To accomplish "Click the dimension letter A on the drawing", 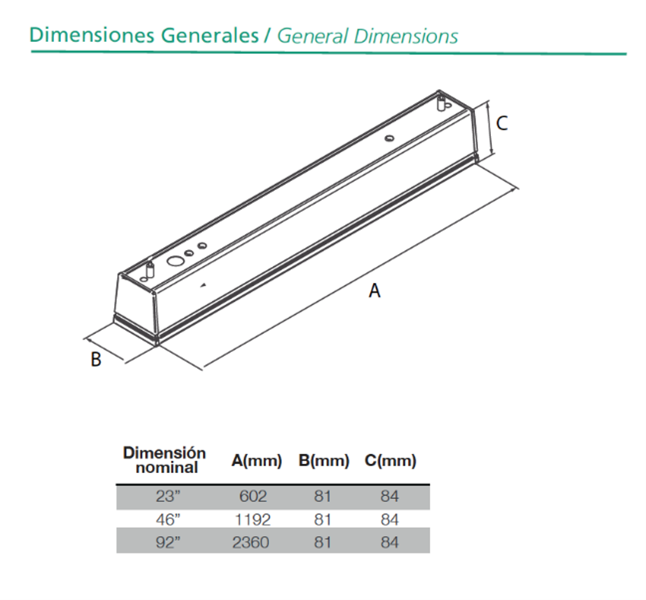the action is coord(374,291).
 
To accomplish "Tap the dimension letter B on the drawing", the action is coord(96,359).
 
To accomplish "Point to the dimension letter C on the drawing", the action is coord(502,123).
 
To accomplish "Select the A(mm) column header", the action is coord(257,461).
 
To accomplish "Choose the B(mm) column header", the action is coord(324,461).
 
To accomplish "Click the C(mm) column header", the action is coord(391,461).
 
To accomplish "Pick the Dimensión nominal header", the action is coord(165,460).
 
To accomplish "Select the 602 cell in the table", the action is coord(253,497).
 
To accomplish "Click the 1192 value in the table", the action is coord(252,519).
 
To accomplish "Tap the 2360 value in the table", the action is coord(250,542).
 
